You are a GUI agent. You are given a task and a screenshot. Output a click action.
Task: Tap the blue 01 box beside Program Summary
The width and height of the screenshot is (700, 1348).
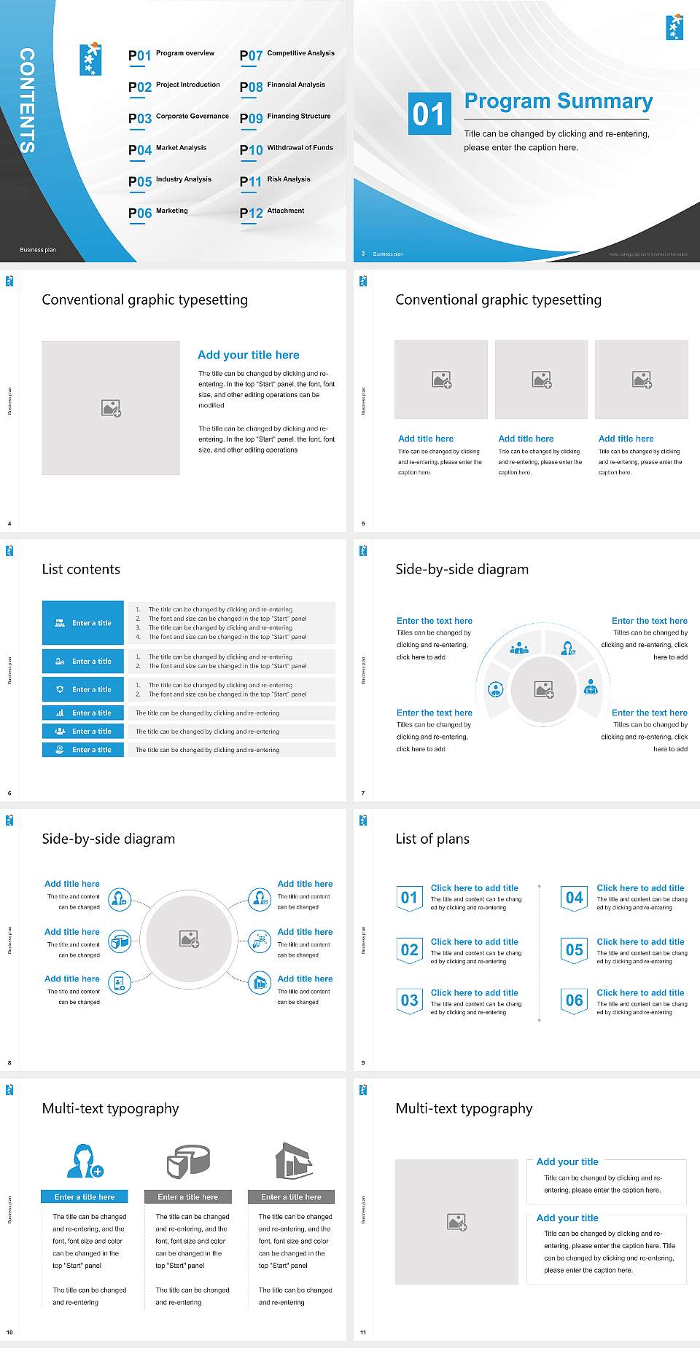[x=429, y=114]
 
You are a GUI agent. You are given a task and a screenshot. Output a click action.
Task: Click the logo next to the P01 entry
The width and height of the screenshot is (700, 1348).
[x=90, y=60]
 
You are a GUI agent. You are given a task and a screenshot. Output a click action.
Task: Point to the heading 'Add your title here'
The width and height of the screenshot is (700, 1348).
[x=248, y=355]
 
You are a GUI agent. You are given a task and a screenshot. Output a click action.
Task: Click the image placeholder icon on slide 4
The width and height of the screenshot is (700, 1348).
[x=111, y=408]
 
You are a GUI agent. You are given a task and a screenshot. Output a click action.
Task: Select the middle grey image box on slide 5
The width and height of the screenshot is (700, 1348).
[x=541, y=380]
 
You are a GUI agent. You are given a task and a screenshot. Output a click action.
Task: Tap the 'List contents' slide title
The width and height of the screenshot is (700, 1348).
[x=81, y=569]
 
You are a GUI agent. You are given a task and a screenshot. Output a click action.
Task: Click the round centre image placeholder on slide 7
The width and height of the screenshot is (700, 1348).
[x=543, y=689]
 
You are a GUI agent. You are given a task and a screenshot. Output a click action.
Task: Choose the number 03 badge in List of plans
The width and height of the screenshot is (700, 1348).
[x=409, y=1001]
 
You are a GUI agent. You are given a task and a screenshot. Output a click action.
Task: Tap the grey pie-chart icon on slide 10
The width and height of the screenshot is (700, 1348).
[x=188, y=1161]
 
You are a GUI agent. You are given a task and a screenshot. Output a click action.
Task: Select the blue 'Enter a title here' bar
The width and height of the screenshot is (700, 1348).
[x=85, y=1196]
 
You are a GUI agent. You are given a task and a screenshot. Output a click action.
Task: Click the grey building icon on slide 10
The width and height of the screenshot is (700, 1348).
[x=294, y=1161]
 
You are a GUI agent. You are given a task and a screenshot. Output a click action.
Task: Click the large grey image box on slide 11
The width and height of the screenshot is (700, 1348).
[x=456, y=1222]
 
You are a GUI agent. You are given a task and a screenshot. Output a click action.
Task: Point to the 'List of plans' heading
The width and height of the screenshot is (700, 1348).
[x=432, y=839]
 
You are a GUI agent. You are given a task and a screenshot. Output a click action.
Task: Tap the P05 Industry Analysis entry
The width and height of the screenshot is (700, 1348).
[x=170, y=181]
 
